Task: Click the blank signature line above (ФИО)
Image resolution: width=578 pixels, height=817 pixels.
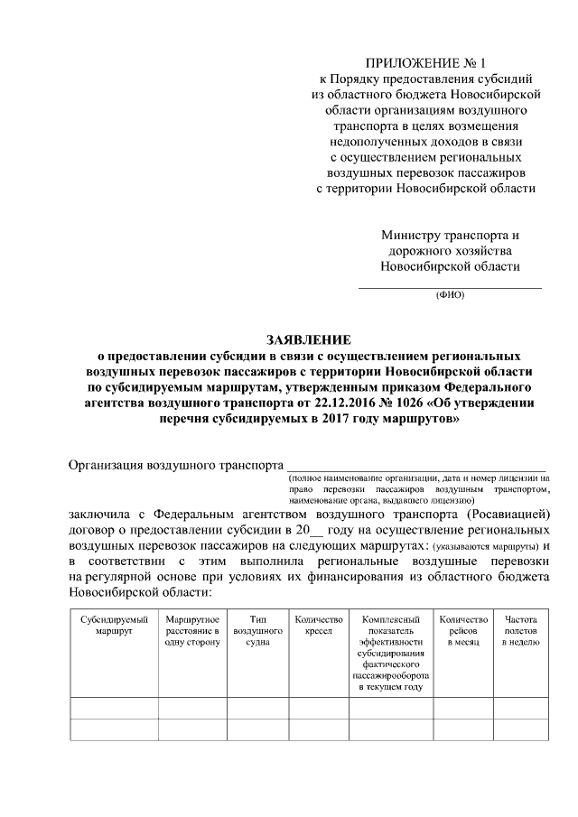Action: click(451, 286)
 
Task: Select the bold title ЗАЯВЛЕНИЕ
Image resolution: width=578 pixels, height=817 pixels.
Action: click(307, 339)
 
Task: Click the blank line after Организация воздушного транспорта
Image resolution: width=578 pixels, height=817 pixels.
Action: click(415, 467)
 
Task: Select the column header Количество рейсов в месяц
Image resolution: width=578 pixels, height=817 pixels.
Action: click(463, 631)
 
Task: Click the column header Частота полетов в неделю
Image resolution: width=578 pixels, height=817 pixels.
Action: click(521, 631)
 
